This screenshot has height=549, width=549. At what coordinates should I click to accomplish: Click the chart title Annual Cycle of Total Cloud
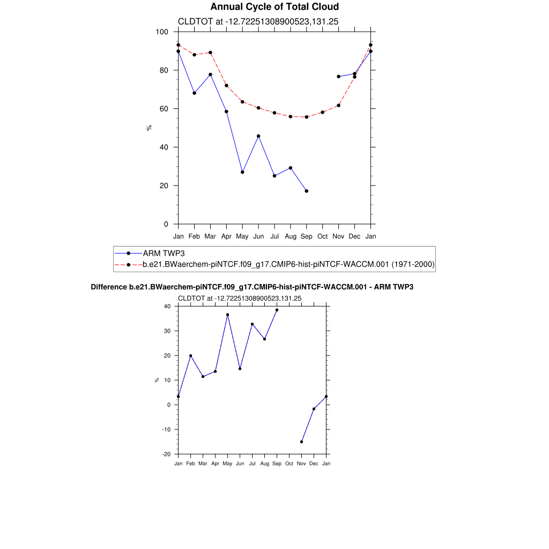tap(274, 7)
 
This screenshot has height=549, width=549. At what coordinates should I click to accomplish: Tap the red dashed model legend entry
tap(288, 264)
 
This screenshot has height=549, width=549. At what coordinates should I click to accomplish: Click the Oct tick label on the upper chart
tap(322, 236)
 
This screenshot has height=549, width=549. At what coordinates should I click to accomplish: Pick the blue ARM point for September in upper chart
tap(307, 191)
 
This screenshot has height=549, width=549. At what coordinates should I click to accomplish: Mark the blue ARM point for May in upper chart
tap(242, 172)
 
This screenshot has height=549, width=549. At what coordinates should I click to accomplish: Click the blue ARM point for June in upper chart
tap(258, 136)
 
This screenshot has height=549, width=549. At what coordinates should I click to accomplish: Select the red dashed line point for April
tap(226, 86)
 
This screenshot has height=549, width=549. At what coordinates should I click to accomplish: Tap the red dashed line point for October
tap(322, 112)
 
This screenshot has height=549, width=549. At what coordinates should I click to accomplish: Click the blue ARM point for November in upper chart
tap(338, 77)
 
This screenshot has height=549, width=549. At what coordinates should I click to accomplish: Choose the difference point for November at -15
tap(301, 442)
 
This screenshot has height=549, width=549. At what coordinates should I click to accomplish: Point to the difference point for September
tap(277, 310)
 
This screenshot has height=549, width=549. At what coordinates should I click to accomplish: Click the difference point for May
tap(227, 315)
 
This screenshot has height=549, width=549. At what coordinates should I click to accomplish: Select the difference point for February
tap(190, 355)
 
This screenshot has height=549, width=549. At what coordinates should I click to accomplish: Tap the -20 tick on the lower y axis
tap(167, 454)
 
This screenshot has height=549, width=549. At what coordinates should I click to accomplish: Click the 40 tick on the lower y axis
tap(167, 306)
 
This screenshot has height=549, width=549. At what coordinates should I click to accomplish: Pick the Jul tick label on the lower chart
tap(252, 464)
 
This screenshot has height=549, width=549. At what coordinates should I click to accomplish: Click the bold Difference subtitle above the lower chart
tap(252, 287)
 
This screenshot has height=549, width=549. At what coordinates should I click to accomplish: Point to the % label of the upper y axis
tap(149, 128)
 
